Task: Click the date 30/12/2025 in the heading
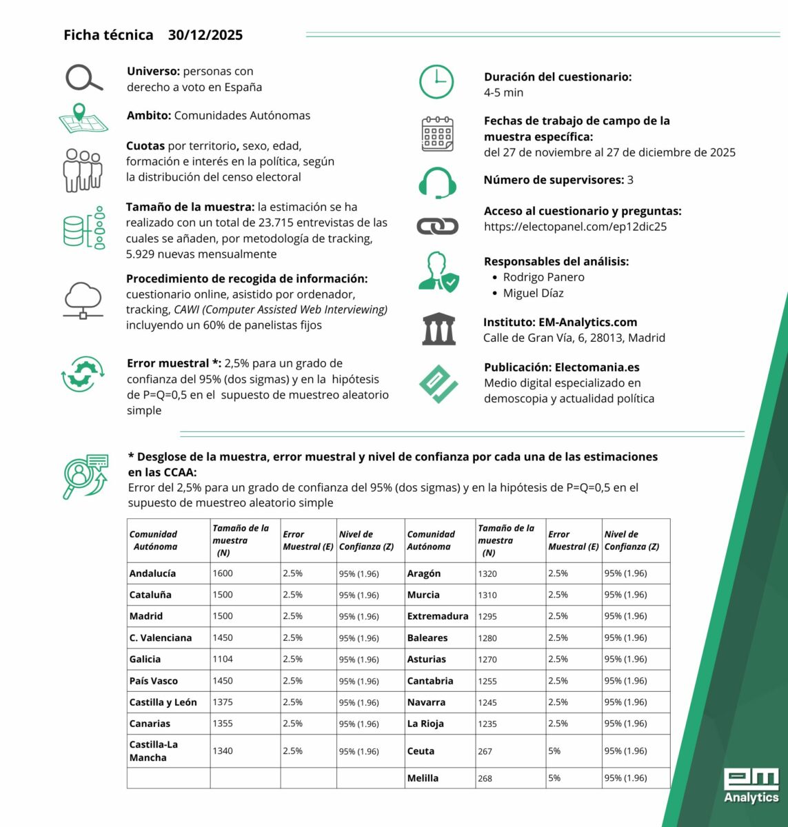205,35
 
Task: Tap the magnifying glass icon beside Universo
83,78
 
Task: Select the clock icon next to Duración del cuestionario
436,82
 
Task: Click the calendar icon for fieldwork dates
437,134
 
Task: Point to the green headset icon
437,182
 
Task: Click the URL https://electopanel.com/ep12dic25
575,227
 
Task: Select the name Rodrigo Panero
543,277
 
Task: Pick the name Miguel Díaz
533,293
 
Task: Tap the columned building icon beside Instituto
438,329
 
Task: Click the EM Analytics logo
751,786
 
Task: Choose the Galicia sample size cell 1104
223,659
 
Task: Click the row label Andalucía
152,573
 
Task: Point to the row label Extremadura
437,616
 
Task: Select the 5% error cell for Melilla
554,778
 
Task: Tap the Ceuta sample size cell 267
485,751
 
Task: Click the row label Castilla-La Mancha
153,751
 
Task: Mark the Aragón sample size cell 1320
487,573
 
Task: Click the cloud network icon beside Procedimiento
83,300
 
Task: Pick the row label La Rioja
425,724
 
